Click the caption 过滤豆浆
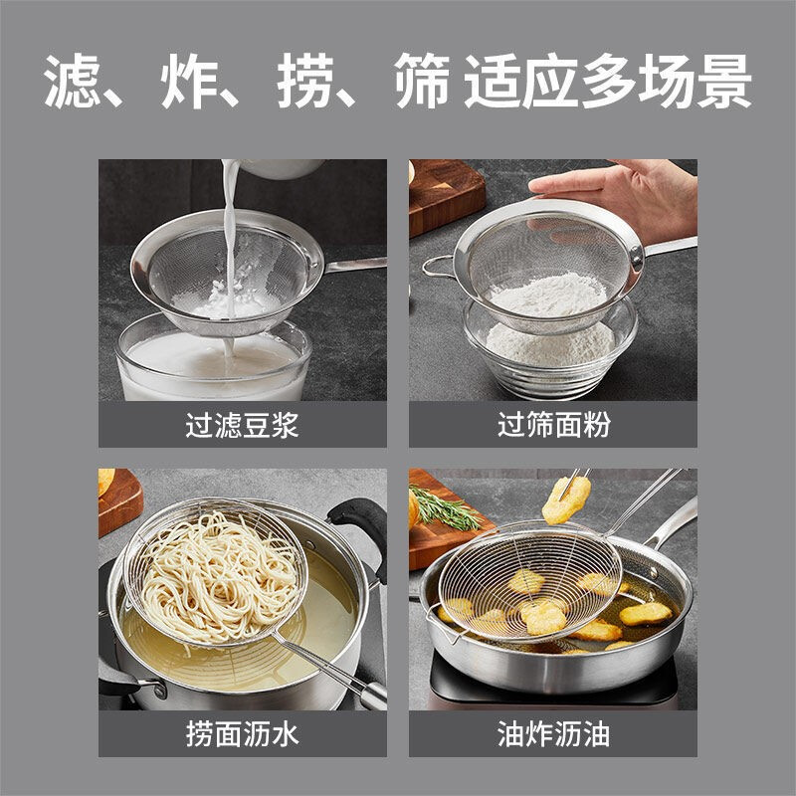coord(242,426)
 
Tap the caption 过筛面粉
coord(553,426)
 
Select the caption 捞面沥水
coord(242,735)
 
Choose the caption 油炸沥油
coord(553,735)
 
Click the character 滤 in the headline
coord(77,82)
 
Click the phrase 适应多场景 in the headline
coord(607,82)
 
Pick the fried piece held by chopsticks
coord(565,497)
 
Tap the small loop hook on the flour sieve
coord(435,266)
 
